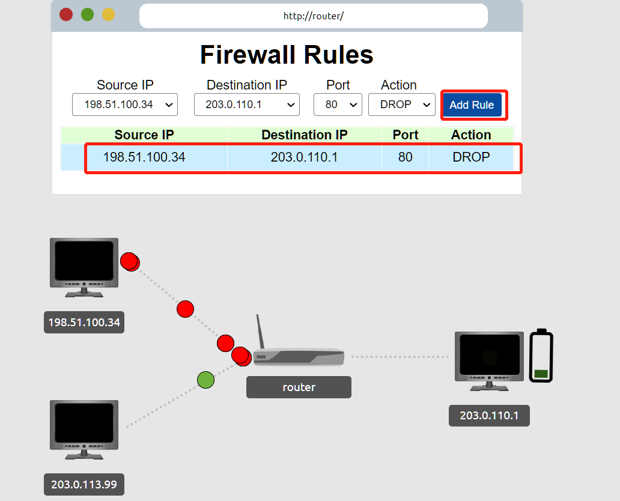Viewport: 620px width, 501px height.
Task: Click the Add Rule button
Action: [472, 105]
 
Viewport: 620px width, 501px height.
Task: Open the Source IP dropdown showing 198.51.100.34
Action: [125, 105]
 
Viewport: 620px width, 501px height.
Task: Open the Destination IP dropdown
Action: [247, 105]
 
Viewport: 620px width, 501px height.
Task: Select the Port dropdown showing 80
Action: [338, 105]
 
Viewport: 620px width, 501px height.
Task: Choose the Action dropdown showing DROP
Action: [401, 105]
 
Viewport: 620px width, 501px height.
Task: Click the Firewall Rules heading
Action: [287, 55]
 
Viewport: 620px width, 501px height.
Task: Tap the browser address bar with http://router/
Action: [313, 16]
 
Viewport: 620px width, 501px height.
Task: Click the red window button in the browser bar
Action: [66, 14]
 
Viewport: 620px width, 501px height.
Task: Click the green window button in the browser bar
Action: [87, 14]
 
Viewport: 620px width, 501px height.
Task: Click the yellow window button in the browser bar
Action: [108, 14]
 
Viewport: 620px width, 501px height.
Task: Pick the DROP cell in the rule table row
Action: [471, 157]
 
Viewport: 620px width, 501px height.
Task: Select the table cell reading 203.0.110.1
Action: [304, 157]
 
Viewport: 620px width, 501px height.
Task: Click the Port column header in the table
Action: [406, 135]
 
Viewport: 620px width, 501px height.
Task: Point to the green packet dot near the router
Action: [205, 380]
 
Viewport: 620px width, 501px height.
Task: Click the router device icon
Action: [298, 356]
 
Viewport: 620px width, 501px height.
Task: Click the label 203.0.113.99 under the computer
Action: [84, 484]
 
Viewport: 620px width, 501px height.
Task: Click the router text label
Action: [299, 387]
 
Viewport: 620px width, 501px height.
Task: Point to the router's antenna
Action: [261, 330]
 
